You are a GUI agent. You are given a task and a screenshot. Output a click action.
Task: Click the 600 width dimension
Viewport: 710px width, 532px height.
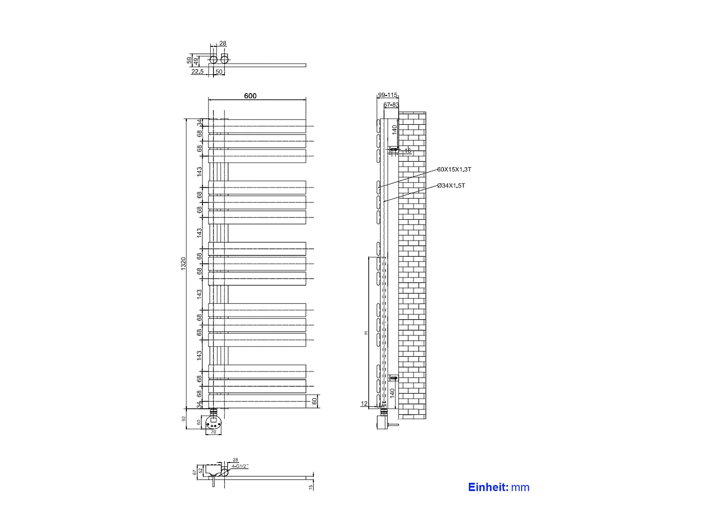[x=250, y=96]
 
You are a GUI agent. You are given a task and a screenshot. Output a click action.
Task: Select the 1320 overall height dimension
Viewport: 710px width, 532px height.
[x=184, y=263]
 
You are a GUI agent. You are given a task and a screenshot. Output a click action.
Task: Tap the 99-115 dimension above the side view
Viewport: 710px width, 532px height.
[x=388, y=95]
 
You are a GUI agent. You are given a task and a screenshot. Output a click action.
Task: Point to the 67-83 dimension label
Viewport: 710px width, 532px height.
[x=391, y=105]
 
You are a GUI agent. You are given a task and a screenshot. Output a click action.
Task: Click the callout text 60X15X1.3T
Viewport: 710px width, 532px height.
[x=454, y=169]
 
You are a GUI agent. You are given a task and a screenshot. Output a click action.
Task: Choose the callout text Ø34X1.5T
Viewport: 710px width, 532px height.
[x=451, y=185]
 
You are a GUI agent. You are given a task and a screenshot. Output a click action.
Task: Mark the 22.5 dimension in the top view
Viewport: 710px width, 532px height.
[x=197, y=72]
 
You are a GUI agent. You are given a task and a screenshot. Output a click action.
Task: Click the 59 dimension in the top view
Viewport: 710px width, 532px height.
[x=189, y=61]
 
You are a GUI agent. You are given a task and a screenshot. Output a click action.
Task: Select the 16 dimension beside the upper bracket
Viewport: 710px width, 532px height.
[x=408, y=151]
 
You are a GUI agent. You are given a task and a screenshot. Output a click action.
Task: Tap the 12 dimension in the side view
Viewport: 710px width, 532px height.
[x=364, y=404]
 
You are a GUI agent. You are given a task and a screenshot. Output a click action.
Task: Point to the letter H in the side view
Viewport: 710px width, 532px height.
[x=366, y=333]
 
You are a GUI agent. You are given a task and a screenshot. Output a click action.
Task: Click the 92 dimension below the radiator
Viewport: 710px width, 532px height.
[x=184, y=419]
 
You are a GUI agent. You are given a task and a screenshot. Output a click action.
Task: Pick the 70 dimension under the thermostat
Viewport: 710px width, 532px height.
[x=213, y=432]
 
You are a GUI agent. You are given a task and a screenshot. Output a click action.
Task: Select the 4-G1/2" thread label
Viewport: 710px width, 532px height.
[x=240, y=466]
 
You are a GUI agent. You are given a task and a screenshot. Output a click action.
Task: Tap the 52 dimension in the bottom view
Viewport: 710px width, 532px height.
[x=201, y=470]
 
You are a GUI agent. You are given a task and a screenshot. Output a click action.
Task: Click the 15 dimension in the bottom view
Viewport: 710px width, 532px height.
[x=311, y=487]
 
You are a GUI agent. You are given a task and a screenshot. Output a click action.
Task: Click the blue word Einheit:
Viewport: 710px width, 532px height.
[x=488, y=488]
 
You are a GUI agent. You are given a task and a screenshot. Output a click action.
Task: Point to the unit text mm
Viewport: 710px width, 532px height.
[x=520, y=488]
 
